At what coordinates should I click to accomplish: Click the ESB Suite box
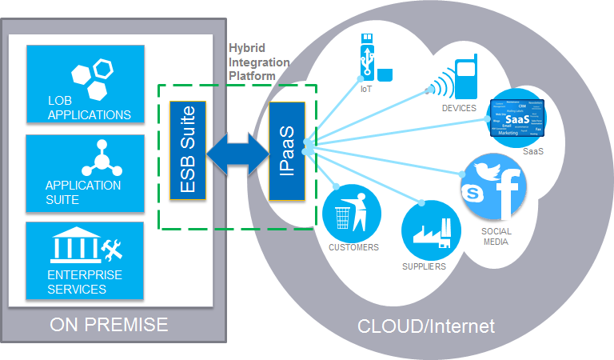(188, 150)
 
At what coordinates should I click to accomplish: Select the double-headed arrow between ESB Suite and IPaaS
(237, 151)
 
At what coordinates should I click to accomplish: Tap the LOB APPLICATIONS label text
(89, 107)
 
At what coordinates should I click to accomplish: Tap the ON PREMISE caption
(109, 325)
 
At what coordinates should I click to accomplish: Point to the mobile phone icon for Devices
(465, 78)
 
